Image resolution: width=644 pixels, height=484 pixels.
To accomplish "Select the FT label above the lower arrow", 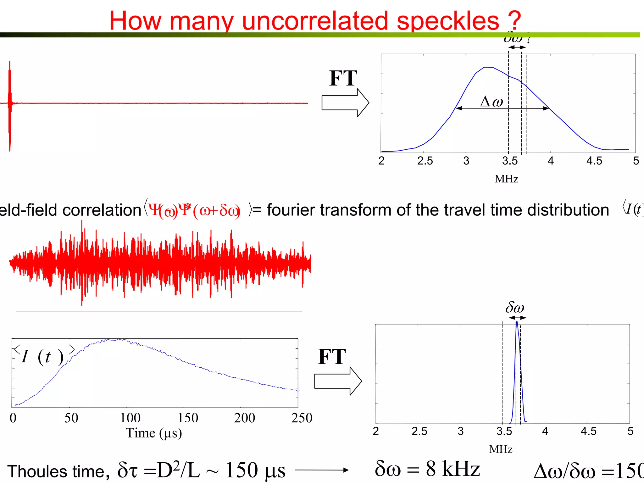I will tap(332, 357).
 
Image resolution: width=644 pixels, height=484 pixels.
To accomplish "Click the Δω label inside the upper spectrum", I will tap(491, 102).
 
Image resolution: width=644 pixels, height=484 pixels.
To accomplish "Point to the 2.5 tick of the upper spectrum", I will tap(425, 161).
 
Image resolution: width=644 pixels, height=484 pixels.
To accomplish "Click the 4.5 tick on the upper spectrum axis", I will tap(594, 161).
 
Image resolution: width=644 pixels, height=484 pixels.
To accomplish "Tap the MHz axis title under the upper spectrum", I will tap(506, 179).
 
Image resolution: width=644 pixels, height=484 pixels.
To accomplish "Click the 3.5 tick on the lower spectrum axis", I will tap(504, 431).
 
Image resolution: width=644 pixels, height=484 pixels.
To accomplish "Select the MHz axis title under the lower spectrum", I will tap(501, 449).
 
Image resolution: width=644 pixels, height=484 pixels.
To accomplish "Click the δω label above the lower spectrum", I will tap(515, 307).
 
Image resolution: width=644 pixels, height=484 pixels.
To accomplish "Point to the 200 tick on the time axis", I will tap(244, 418).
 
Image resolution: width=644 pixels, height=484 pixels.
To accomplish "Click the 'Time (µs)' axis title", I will tap(154, 433).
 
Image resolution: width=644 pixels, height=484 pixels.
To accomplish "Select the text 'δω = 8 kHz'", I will tap(427, 469).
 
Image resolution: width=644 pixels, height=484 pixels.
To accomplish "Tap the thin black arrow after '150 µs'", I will tap(322, 470).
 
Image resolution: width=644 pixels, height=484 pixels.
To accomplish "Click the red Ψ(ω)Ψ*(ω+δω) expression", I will tap(194, 210).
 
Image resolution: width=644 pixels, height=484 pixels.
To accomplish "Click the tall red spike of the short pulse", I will tap(10, 94).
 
